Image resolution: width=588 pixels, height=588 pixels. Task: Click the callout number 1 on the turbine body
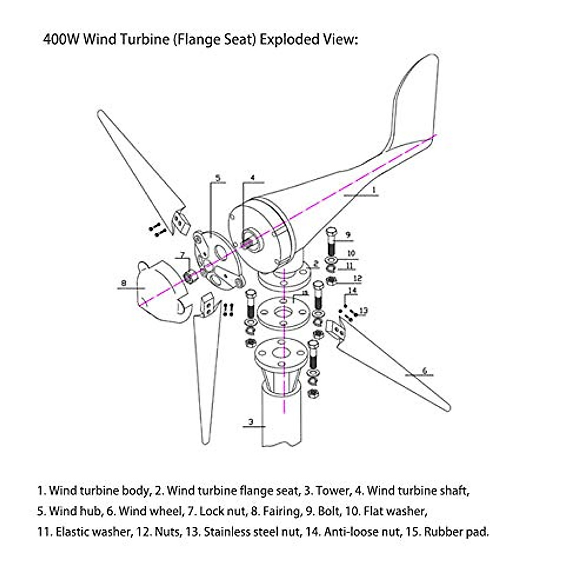(x=374, y=189)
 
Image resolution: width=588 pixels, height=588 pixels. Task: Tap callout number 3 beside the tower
(x=251, y=421)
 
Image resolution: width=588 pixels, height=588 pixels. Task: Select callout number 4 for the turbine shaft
(x=253, y=177)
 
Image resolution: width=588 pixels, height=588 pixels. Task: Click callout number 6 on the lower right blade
(x=424, y=370)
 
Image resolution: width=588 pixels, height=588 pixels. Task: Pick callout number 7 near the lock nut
(x=182, y=255)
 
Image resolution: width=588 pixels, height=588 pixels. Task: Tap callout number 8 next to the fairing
(x=124, y=283)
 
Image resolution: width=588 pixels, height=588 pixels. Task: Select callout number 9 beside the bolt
(x=348, y=235)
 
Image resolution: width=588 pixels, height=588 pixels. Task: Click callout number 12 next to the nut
(x=357, y=279)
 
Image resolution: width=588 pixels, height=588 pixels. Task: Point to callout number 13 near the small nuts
(x=363, y=310)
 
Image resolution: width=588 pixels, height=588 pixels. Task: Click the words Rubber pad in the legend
(x=456, y=532)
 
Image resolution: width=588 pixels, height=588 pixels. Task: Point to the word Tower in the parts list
(x=333, y=490)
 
